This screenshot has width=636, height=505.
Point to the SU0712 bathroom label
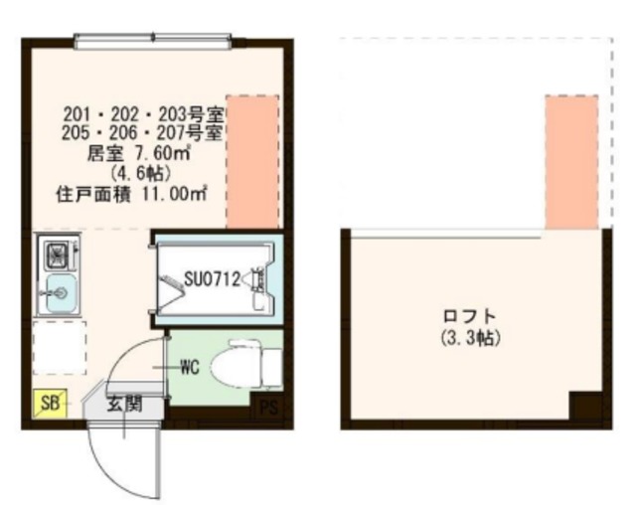click(x=212, y=279)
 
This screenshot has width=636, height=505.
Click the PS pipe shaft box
click(x=267, y=408)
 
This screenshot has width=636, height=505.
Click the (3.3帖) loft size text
click(x=469, y=338)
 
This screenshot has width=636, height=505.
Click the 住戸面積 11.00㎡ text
click(x=130, y=194)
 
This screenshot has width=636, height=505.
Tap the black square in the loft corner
click(x=585, y=407)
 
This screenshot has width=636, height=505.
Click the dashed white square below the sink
click(x=59, y=347)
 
